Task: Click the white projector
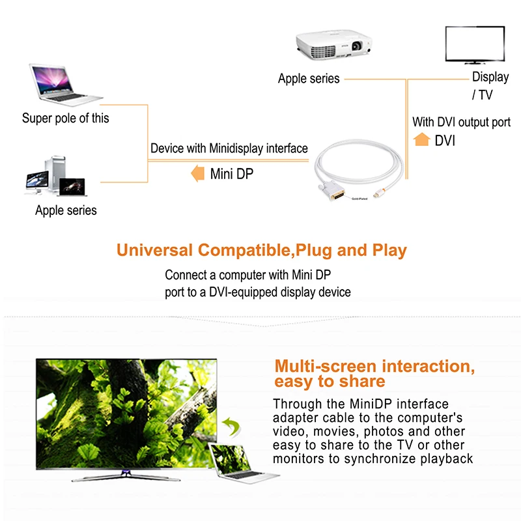coord(334,47)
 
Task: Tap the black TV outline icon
coord(474,45)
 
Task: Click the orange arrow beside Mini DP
coord(196,174)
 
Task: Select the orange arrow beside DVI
coord(422,139)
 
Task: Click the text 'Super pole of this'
coord(66,119)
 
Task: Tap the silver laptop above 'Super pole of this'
coord(64,85)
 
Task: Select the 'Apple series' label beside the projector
coord(309,79)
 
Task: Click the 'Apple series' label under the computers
coord(66,210)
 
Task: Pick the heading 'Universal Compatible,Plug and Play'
coord(261,250)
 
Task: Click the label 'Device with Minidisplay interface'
coord(229,148)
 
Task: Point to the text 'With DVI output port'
coord(461,122)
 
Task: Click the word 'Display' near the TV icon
coord(490,77)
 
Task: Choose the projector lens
coord(357,46)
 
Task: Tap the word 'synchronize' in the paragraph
coord(393,458)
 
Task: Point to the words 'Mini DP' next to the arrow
coord(232,174)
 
